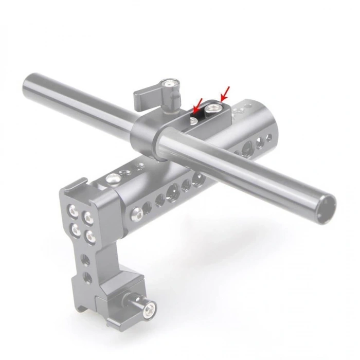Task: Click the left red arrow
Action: click(196, 107)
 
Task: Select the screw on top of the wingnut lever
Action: click(168, 83)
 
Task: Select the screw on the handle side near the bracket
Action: click(136, 211)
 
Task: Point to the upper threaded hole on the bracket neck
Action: click(85, 260)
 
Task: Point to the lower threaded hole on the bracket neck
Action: click(87, 278)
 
